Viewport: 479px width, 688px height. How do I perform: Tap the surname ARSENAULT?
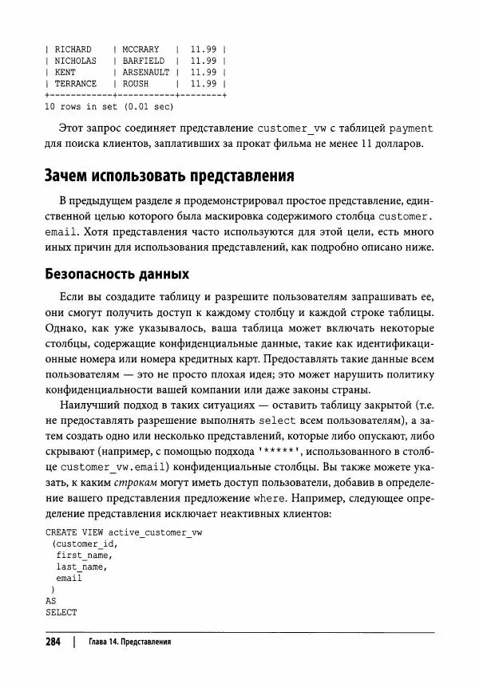coord(146,72)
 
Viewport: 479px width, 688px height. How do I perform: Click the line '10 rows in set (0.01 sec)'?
coord(109,105)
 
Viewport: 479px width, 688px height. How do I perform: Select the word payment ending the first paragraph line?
coord(410,128)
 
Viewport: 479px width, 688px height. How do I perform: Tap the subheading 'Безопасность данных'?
coord(116,275)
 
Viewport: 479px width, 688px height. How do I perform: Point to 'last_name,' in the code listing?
coord(81,566)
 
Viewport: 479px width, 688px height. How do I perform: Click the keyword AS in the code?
coord(50,600)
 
